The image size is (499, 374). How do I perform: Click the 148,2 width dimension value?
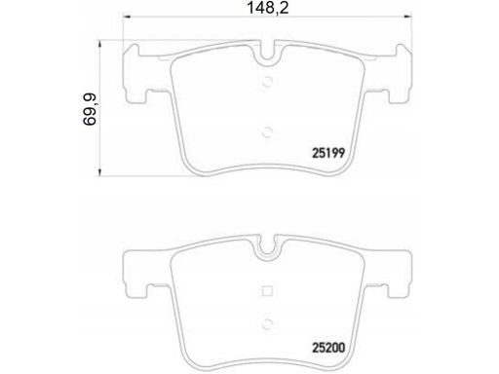pos(268,8)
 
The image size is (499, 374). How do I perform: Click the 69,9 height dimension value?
pos(90,109)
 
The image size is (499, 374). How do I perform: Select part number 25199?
pos(328,153)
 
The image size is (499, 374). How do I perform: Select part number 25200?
pos(328,348)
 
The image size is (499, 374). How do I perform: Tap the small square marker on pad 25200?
pos(267,291)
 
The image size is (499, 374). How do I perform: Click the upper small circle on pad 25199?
pos(267,82)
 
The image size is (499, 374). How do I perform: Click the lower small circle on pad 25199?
pos(267,132)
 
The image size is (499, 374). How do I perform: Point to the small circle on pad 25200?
pos(267,323)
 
